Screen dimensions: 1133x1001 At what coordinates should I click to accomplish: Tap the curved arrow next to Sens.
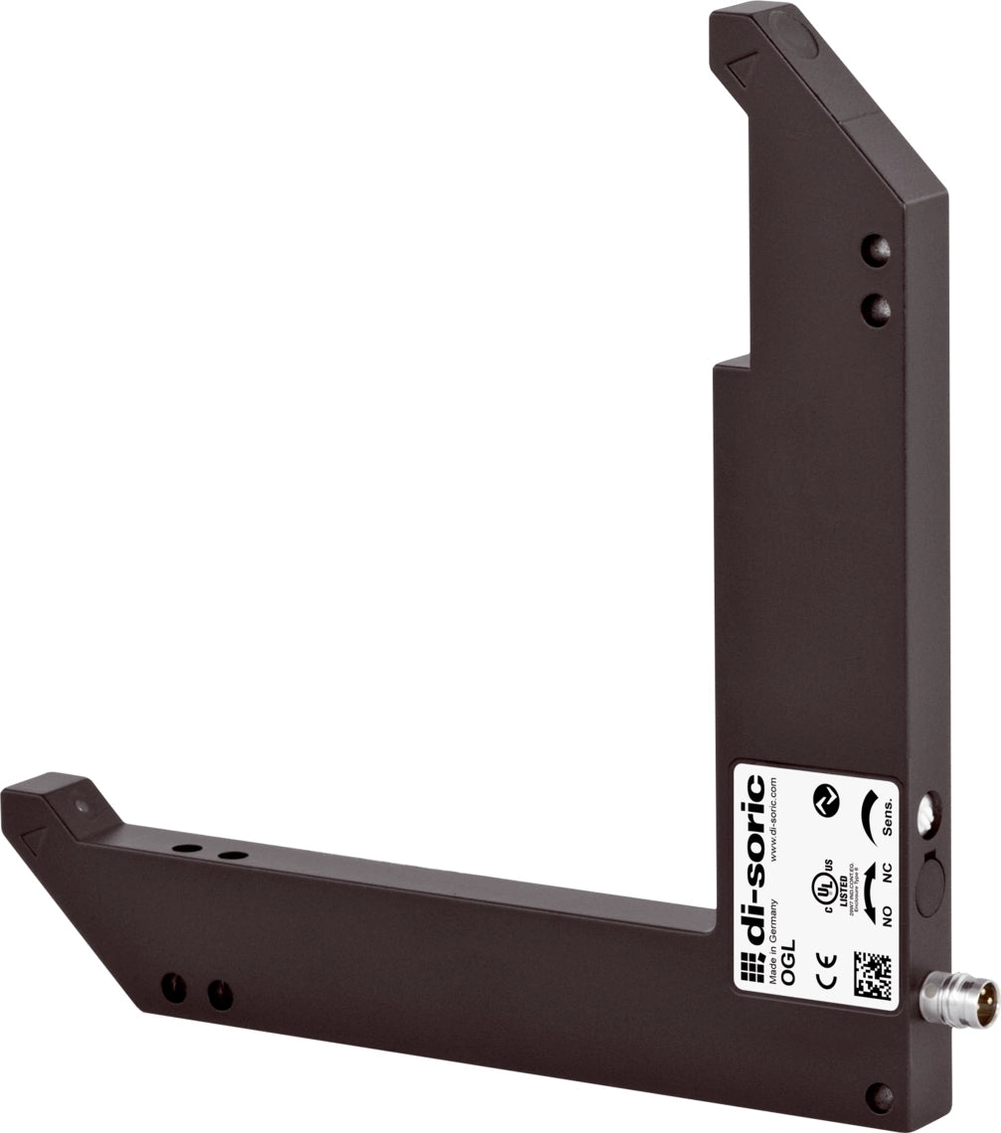(866, 815)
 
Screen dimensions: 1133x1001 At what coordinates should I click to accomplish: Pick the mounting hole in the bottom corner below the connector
(879, 1096)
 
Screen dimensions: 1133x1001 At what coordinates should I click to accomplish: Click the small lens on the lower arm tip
(83, 806)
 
